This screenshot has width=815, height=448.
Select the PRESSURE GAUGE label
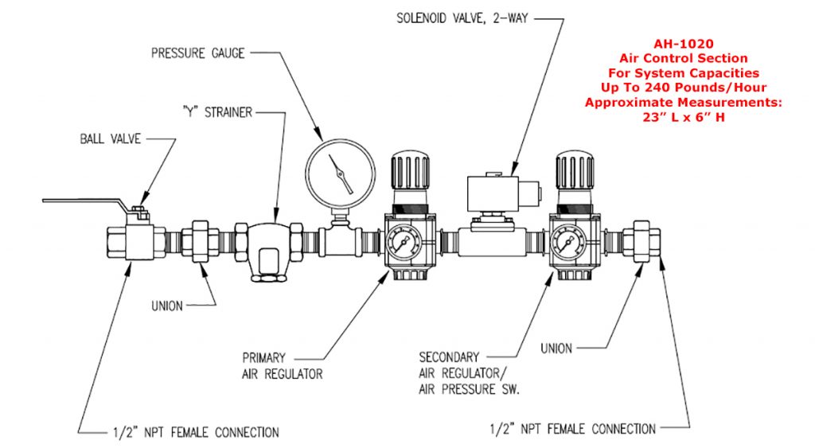tap(197, 53)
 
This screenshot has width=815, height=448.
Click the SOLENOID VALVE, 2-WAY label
tap(464, 17)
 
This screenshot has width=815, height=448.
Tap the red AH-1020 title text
tap(684, 45)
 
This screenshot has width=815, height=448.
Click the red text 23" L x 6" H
tap(684, 117)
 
